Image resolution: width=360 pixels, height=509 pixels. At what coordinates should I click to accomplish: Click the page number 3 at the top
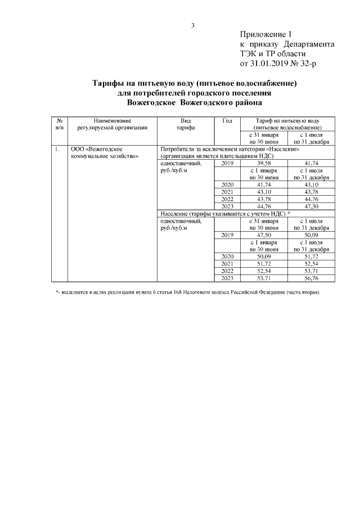click(192, 25)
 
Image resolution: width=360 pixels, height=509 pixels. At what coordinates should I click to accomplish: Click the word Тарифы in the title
click(109, 83)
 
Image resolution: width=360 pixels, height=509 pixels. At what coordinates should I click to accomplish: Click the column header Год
click(227, 121)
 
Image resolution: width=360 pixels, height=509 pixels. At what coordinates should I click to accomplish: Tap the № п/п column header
click(59, 124)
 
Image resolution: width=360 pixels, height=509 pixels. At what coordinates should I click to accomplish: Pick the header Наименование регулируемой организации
click(112, 124)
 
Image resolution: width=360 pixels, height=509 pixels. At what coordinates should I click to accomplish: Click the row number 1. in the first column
click(57, 150)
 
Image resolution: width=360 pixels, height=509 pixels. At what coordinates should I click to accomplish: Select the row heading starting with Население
click(225, 214)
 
